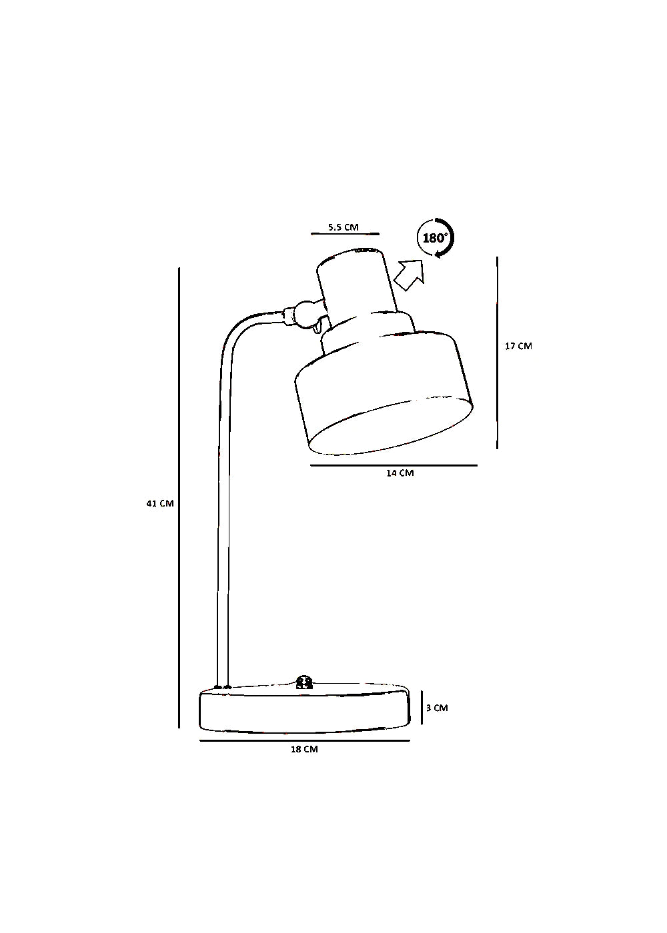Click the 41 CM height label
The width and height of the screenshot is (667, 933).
[x=160, y=503]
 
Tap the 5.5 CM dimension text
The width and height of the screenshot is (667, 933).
[x=344, y=227]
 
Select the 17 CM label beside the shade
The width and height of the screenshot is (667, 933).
[x=519, y=346]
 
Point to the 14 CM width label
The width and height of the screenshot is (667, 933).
[x=400, y=473]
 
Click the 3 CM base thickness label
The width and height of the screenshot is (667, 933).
[x=437, y=708]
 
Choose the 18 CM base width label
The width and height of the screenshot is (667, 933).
[x=304, y=749]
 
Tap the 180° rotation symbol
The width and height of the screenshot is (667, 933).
[x=436, y=239]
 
